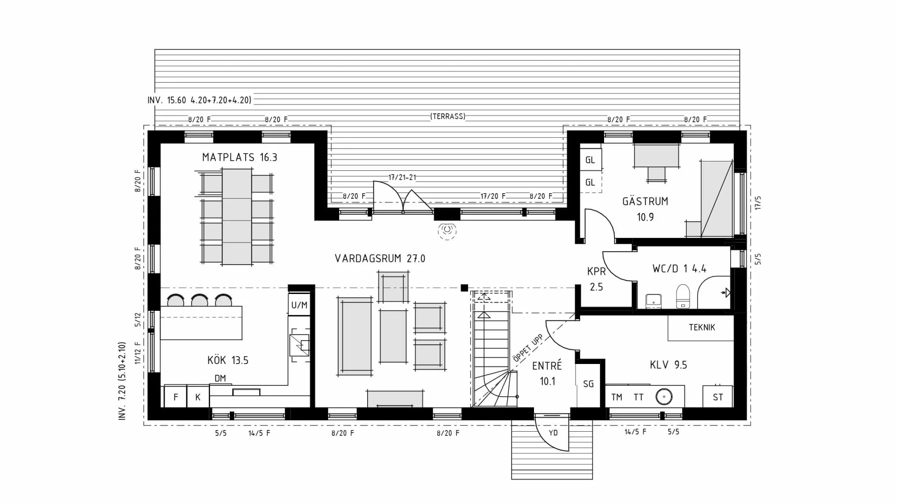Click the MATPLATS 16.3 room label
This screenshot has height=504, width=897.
tap(240, 157)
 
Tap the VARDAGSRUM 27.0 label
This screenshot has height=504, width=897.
tap(380, 259)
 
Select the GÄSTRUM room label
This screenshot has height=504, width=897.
tap(645, 202)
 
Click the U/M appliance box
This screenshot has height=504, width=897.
tap(299, 305)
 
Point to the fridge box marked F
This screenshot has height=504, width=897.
tap(176, 397)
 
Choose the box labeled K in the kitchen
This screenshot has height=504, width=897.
tap(198, 397)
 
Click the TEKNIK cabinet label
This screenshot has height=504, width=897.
tap(702, 328)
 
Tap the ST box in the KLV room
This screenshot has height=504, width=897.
tap(718, 397)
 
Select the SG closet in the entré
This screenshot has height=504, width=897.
tap(588, 384)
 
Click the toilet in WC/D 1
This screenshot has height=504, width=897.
tap(683, 296)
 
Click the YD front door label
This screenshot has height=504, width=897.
tap(553, 433)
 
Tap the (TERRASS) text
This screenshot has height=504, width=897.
tap(448, 116)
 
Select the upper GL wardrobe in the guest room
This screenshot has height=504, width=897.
tap(590, 160)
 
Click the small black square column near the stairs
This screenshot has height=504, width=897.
tap(464, 288)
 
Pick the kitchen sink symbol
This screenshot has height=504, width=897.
tap(299, 345)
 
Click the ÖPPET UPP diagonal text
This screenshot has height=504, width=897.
tap(528, 348)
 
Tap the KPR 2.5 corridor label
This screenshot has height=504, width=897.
tap(596, 279)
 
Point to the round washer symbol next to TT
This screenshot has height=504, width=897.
tap(663, 397)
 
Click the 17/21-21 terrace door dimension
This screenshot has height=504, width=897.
tap(402, 177)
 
